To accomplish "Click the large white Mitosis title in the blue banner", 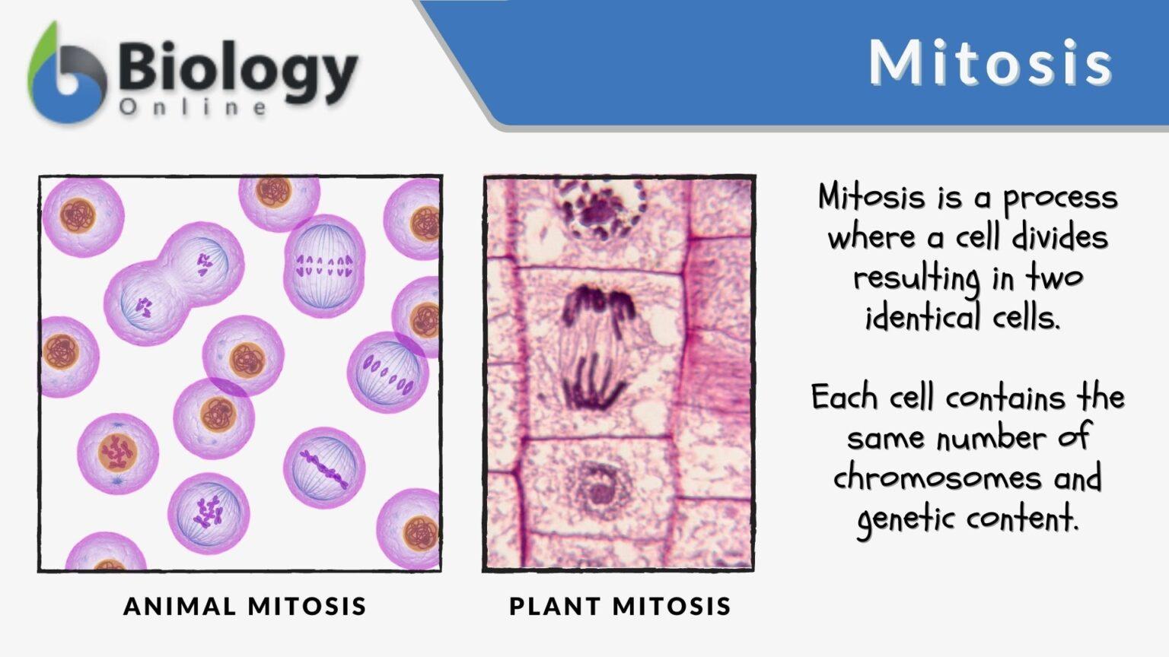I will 990,62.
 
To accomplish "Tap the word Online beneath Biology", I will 193,107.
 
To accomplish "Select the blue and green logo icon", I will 67,74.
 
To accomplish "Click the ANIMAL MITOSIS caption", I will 245,606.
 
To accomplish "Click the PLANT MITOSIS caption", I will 620,606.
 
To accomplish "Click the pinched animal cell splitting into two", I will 174,284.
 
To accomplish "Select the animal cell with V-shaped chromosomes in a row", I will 324,265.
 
